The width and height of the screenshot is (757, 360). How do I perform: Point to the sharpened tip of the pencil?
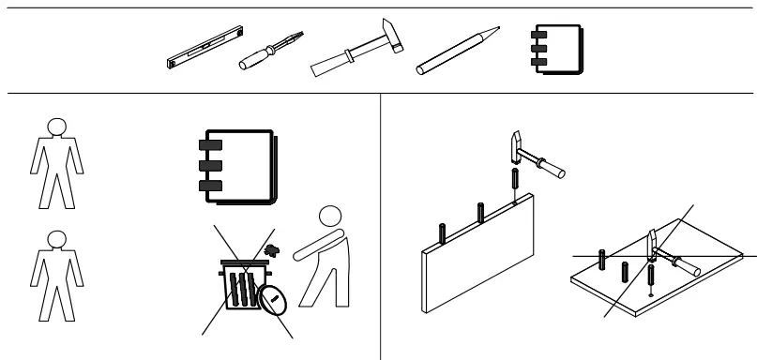coord(488,35)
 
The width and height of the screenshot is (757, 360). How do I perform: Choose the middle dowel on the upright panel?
coord(479,212)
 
